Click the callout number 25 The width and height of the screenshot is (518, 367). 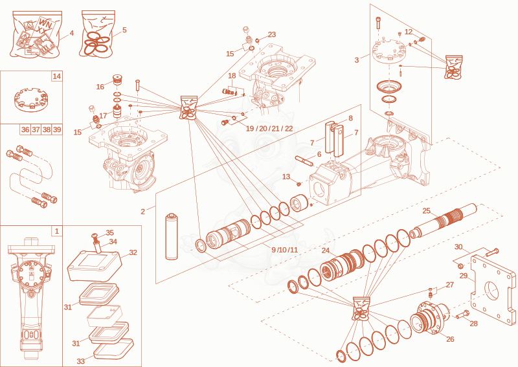point(427,211)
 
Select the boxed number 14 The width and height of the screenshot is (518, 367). point(57,76)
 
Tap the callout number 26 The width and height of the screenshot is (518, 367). point(450,339)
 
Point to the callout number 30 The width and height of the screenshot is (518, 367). point(458,247)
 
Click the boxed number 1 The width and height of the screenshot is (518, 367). point(57,231)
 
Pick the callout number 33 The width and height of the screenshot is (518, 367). point(80,361)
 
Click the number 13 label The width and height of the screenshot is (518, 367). point(286,177)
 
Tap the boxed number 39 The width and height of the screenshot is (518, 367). point(57,129)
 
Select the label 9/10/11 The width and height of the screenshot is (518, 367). point(284,250)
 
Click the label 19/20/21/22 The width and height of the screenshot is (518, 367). point(269,129)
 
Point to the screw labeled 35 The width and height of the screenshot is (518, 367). point(95,236)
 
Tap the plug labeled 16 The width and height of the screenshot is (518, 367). point(118,80)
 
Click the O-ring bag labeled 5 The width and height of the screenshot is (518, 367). point(96,34)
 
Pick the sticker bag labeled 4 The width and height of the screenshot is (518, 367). point(36,34)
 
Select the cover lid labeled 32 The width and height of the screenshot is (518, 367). point(95,265)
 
